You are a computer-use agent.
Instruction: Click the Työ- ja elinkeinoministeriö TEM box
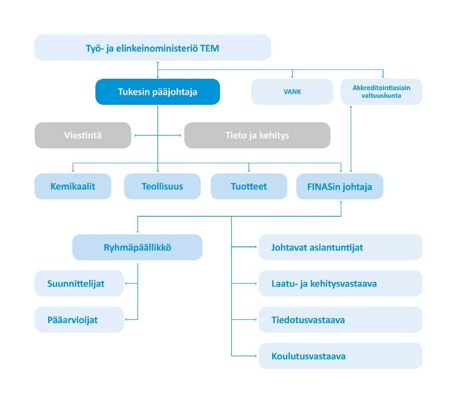(152, 47)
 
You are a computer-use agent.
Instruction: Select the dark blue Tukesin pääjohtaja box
(158, 92)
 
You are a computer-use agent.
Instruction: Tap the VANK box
(293, 92)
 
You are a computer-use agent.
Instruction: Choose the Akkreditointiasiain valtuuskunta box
(381, 92)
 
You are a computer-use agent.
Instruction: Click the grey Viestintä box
(83, 136)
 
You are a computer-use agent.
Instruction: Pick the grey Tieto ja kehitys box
(257, 136)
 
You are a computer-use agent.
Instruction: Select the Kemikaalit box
(73, 186)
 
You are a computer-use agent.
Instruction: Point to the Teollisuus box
(163, 186)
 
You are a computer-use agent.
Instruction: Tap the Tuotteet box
(249, 186)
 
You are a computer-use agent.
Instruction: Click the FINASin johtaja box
(340, 186)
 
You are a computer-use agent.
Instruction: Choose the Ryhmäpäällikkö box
(137, 247)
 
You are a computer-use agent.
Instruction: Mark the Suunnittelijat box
(79, 283)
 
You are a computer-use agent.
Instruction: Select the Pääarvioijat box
(79, 320)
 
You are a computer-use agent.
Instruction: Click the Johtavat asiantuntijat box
(340, 247)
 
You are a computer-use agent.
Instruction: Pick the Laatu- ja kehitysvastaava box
(340, 283)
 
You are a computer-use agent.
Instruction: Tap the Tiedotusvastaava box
(340, 320)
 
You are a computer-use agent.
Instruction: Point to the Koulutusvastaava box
(340, 356)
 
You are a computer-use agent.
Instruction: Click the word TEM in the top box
(209, 48)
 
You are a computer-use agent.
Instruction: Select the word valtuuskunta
(381, 95)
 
